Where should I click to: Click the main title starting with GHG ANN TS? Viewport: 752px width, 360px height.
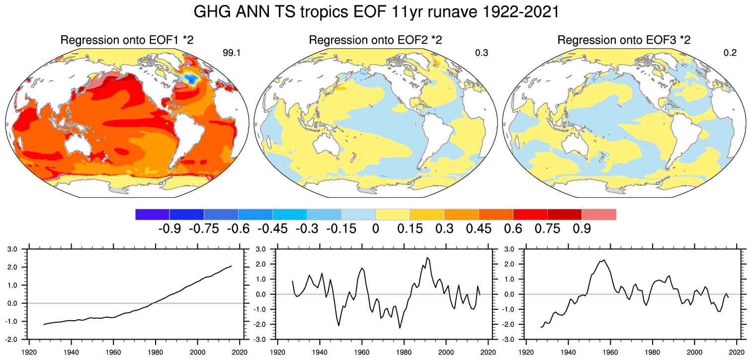[x=376, y=12]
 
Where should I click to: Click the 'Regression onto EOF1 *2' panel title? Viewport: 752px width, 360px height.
[x=127, y=40]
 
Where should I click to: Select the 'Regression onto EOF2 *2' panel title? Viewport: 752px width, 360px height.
[x=375, y=40]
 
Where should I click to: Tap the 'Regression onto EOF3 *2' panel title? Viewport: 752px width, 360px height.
[x=624, y=40]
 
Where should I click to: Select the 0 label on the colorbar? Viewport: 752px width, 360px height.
[x=376, y=229]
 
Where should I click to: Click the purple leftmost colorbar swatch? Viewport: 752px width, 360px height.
[x=152, y=214]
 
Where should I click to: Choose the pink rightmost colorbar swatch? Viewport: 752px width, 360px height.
[x=598, y=214]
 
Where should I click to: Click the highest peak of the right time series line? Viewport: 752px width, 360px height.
[x=603, y=260]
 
